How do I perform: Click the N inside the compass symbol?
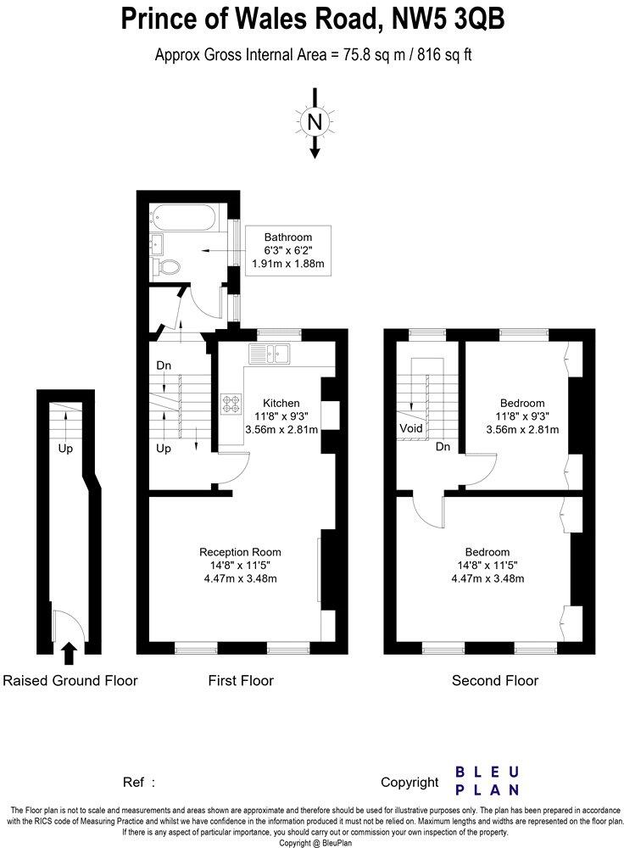click(315, 122)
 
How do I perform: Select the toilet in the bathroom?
click(169, 267)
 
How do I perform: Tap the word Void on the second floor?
click(411, 429)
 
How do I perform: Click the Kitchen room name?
click(281, 402)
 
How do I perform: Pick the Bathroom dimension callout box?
click(288, 250)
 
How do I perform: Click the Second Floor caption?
click(495, 680)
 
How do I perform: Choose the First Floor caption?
click(241, 680)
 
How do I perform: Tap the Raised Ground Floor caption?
click(70, 680)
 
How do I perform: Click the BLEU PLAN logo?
click(487, 781)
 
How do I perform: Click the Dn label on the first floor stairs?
click(164, 365)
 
